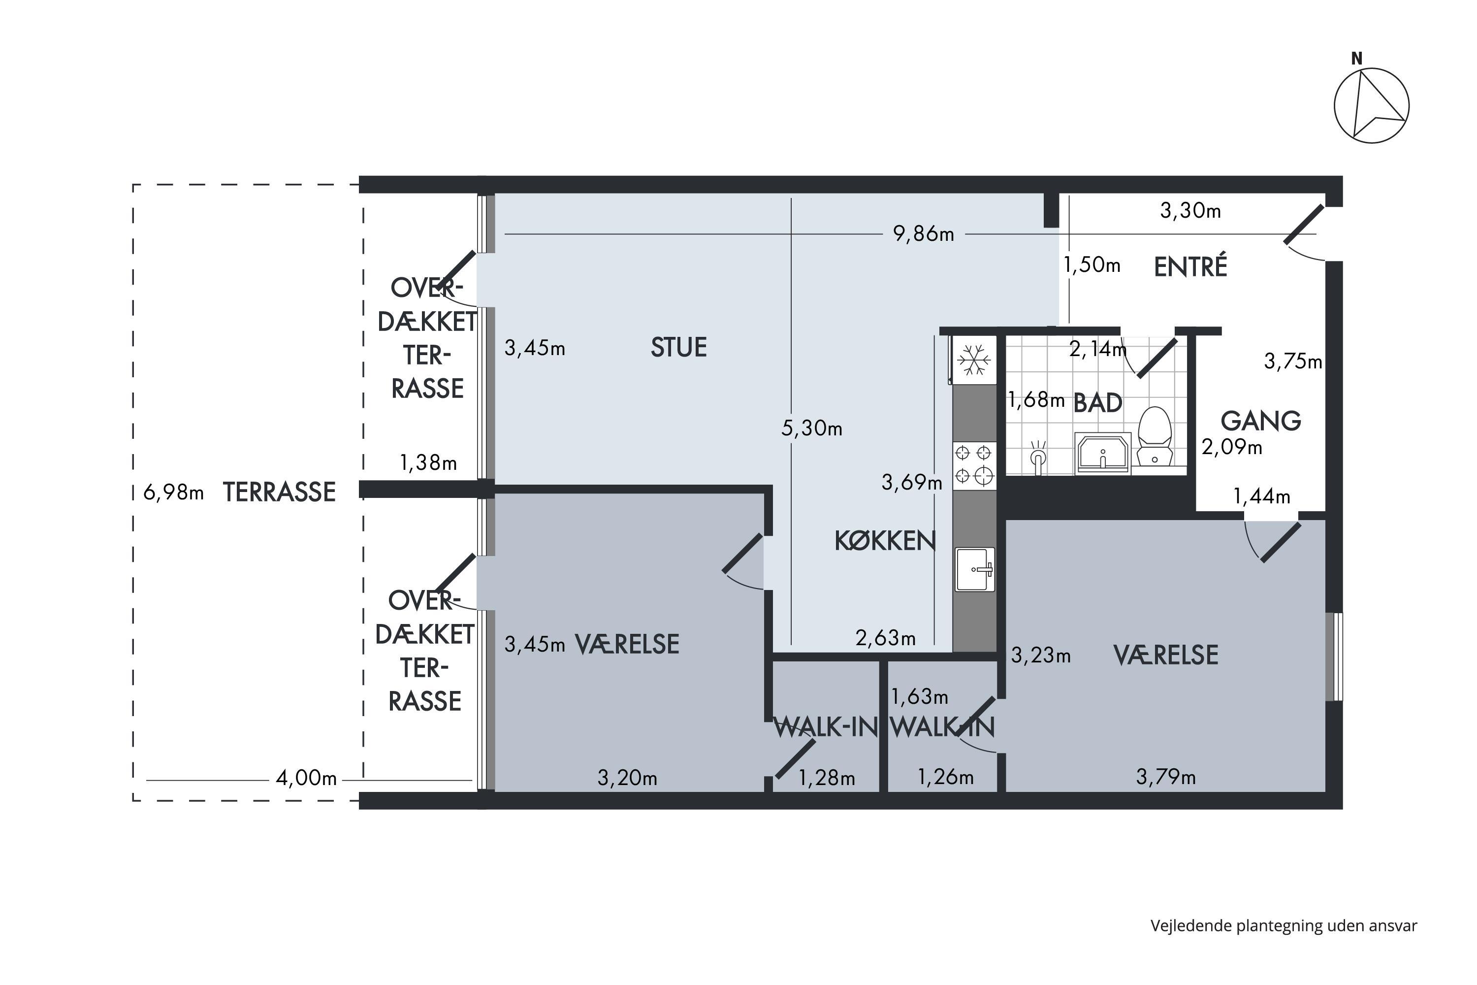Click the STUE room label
[x=678, y=347]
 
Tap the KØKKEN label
[x=885, y=541]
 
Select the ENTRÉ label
[x=1190, y=266]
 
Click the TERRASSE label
[x=279, y=492]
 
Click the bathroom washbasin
[x=1103, y=452]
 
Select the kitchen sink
[x=975, y=569]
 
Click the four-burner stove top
[x=975, y=465]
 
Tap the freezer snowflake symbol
[x=974, y=361]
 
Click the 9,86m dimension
[x=923, y=234]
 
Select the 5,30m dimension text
[x=811, y=428]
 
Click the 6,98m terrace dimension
[x=173, y=492]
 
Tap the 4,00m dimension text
[x=306, y=778]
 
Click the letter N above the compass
[x=1356, y=59]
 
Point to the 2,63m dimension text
[x=885, y=638]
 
